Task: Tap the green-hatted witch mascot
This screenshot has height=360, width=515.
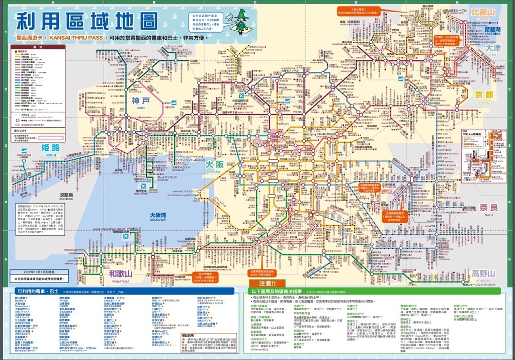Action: point(241,23)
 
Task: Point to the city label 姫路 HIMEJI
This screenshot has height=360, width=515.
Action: point(51,149)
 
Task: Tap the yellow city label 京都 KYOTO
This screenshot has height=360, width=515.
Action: point(484,96)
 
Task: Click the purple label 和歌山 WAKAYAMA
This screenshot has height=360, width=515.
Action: point(121,275)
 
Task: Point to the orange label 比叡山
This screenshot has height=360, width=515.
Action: point(483,12)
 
